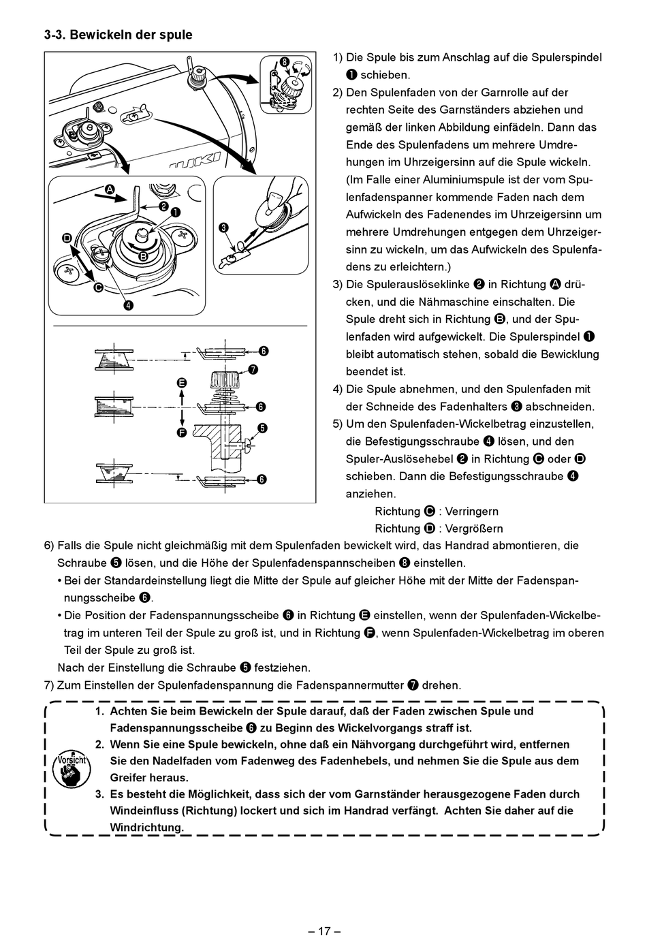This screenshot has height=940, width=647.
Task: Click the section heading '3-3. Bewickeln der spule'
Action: click(x=118, y=35)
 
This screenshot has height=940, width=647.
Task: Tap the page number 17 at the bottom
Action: click(x=323, y=930)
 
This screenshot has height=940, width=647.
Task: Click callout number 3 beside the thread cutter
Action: click(x=223, y=228)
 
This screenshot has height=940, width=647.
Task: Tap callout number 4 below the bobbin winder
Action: click(x=128, y=304)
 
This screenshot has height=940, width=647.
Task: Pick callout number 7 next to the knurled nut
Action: click(x=253, y=370)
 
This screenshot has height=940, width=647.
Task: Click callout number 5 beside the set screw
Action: click(x=262, y=428)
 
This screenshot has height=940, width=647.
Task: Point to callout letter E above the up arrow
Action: click(x=181, y=383)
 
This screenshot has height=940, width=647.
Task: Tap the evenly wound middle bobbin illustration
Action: click(x=109, y=407)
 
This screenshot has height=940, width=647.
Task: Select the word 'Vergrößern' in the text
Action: click(x=474, y=529)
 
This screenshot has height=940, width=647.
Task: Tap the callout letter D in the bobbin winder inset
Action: click(x=67, y=238)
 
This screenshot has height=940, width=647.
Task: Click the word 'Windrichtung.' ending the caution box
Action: click(x=147, y=828)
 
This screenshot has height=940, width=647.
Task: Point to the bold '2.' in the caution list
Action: click(x=99, y=745)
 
